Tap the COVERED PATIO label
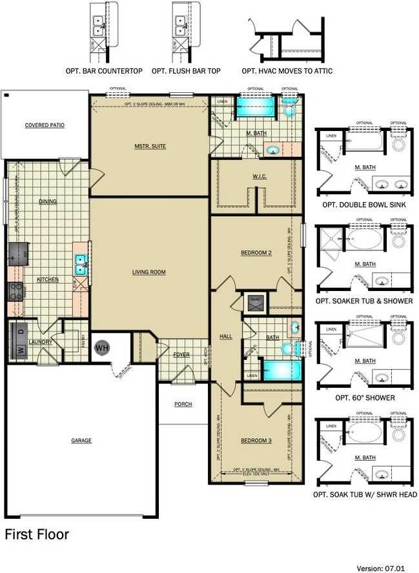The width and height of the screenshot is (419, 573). click(x=45, y=125)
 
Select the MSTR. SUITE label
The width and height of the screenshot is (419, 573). click(x=150, y=146)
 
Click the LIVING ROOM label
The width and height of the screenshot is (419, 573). click(x=149, y=272)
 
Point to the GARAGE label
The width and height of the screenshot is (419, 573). click(x=81, y=441)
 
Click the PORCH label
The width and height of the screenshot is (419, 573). click(x=183, y=405)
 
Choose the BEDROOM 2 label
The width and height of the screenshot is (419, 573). click(x=256, y=253)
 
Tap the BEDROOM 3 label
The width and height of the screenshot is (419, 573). click(x=256, y=441)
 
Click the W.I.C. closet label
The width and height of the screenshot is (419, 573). click(x=260, y=176)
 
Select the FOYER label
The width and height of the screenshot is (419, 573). click(x=181, y=355)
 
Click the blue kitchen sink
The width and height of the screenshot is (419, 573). click(x=81, y=264)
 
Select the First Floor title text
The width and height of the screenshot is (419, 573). click(x=37, y=534)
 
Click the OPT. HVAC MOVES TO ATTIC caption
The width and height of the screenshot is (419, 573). click(x=287, y=70)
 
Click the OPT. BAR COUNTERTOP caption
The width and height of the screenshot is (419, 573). click(x=104, y=70)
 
